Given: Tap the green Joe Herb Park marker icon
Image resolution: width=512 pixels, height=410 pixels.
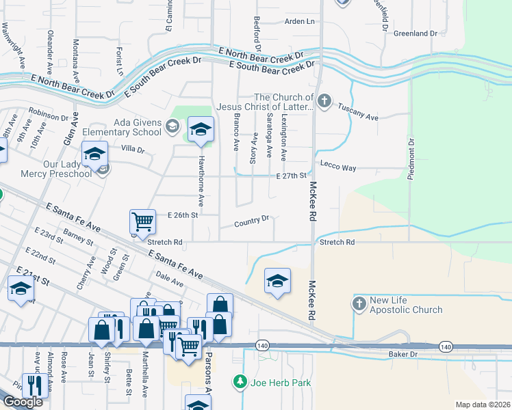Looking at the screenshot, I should pos(239,381).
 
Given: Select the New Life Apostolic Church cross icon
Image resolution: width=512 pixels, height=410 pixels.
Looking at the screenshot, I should pos(359,304).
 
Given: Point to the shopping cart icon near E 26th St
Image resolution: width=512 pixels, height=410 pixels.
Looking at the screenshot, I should pos(142,221).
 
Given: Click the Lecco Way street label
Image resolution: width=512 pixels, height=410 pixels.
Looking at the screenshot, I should pos(339,167).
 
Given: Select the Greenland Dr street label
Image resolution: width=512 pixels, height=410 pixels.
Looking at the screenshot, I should pos(415,33).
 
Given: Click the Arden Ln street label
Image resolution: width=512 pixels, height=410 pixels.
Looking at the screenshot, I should pos(299,22).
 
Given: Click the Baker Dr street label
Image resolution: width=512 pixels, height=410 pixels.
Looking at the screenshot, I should pos(402,354).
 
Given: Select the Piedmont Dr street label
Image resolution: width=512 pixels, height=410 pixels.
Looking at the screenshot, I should pos(411,160).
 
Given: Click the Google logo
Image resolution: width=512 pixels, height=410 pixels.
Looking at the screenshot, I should pos(23,402).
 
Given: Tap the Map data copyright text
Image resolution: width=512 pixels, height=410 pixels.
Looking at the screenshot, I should pos(483,405).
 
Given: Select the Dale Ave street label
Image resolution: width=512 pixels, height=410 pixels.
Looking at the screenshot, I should pos(170,278).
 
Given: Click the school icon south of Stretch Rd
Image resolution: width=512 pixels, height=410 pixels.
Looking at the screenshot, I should pos(277,281).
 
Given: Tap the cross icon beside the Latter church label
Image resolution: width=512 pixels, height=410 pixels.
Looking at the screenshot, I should pos(324,102).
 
